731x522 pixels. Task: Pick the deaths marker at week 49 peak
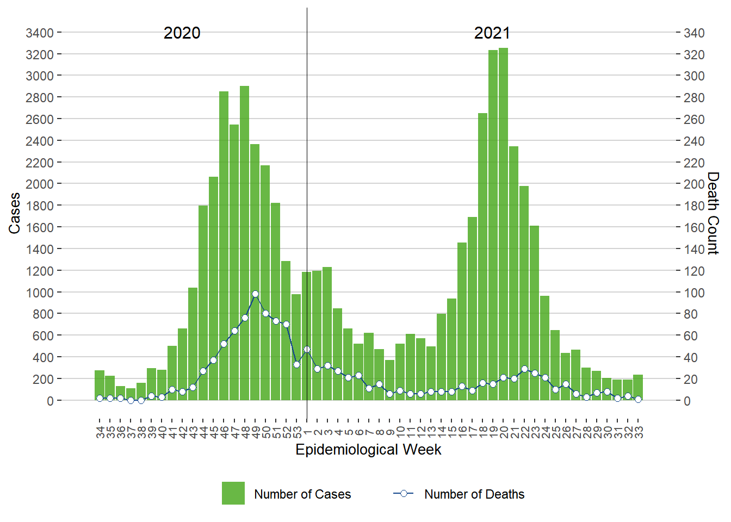tap(255, 294)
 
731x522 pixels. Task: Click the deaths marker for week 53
tap(296, 364)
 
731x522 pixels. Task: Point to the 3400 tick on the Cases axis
tap(40, 33)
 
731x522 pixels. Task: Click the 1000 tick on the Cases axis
tap(40, 293)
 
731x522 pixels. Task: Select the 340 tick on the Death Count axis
tap(694, 33)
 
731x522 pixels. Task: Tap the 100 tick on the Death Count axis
tap(694, 293)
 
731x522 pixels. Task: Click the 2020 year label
tap(182, 33)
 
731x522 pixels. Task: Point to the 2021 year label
tap(492, 33)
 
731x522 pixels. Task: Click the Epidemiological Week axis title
tap(368, 450)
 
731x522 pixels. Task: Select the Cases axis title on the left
tap(14, 213)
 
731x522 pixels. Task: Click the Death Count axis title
tap(713, 213)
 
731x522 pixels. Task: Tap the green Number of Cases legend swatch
tap(233, 493)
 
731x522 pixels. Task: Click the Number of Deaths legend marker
tap(404, 493)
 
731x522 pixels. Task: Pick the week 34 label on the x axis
tap(100, 432)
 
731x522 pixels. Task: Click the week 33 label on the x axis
tap(639, 432)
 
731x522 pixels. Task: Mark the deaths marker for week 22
tap(524, 369)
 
